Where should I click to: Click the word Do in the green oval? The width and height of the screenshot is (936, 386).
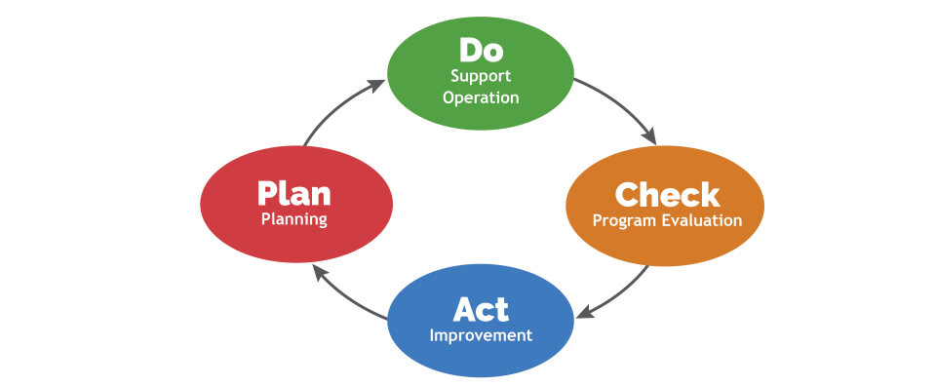[481, 49]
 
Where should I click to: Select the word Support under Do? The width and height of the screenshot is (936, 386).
[481, 75]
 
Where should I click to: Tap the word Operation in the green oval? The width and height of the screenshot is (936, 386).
[481, 97]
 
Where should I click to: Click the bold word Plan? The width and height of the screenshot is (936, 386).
[293, 193]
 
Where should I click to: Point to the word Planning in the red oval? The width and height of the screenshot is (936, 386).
[293, 219]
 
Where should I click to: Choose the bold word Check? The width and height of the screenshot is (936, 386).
[667, 195]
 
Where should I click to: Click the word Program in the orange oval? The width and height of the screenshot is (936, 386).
[625, 220]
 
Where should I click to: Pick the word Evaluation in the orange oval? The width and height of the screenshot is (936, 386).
[701, 220]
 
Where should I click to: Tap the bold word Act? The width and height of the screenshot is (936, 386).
[481, 309]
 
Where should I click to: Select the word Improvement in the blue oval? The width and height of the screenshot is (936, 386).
[481, 335]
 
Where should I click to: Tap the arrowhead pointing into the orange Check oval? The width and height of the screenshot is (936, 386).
[649, 137]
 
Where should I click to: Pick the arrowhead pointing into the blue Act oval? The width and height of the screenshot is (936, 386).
[582, 314]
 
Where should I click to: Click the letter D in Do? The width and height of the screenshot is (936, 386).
[470, 49]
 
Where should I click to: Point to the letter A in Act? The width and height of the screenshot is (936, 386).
[465, 309]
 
